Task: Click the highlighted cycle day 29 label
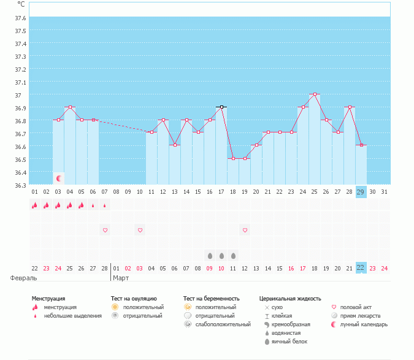point(361,192)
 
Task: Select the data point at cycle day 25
point(315,94)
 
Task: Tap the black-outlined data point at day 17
point(221,107)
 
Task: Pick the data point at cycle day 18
point(233,158)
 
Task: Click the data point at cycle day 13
point(175,145)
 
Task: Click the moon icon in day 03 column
point(59,178)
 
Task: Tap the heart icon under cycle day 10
point(140,230)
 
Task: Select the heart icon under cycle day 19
point(245,230)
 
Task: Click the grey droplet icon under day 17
point(221,255)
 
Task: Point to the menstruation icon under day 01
point(35,205)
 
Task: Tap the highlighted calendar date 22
point(361,268)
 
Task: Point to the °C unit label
point(21,4)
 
